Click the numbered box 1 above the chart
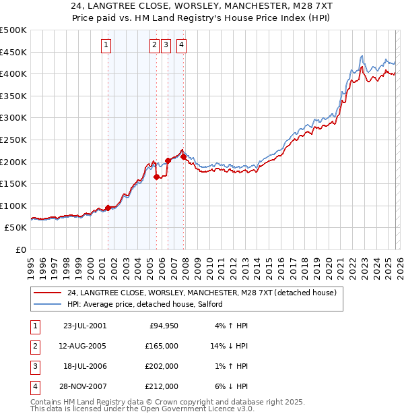coord(107,45)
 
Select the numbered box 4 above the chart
coord(182,45)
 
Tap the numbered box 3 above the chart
coord(166,45)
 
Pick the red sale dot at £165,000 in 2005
coord(156,177)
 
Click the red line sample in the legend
coord(47,293)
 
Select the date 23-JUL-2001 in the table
coord(84,326)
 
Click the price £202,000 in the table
coord(162,367)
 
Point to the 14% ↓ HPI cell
coord(230,347)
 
